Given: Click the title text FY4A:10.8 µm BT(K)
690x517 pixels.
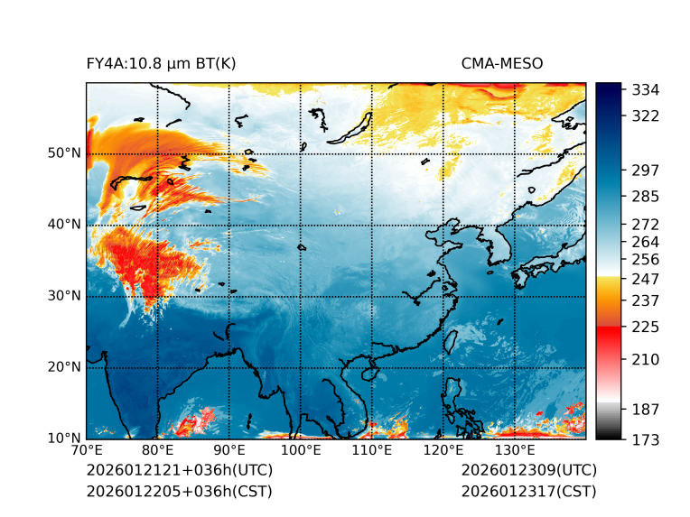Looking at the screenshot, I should [x=161, y=63].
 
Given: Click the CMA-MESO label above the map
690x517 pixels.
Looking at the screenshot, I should [x=502, y=63].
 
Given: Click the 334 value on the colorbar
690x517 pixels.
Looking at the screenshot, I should [x=647, y=90].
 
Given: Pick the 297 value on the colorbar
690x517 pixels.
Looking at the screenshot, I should [x=647, y=171].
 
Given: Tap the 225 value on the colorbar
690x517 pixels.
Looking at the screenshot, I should [x=647, y=327].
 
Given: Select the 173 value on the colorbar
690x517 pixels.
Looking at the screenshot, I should [x=647, y=439].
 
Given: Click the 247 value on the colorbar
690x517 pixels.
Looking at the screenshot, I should [x=647, y=279].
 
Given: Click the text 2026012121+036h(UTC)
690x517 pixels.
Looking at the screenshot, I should [x=179, y=471].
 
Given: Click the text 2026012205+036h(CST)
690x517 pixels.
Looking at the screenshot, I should [x=179, y=492].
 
